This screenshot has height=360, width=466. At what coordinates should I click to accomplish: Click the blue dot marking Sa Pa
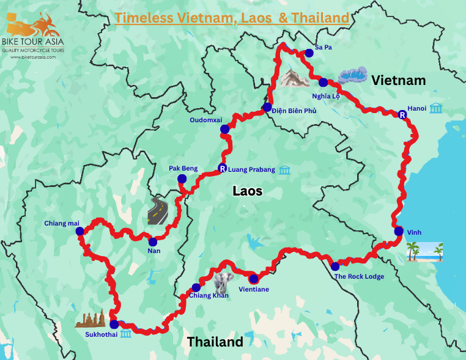[x=309, y=53]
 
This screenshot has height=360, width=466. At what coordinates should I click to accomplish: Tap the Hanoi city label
[x=416, y=108]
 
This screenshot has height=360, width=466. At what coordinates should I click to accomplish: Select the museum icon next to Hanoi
[x=436, y=108]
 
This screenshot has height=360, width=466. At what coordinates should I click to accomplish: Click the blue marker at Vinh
[x=399, y=231]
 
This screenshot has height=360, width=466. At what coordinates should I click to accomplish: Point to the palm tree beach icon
[x=425, y=251]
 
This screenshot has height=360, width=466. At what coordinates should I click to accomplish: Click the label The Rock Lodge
[x=359, y=276]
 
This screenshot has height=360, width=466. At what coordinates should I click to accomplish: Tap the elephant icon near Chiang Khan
[x=223, y=281]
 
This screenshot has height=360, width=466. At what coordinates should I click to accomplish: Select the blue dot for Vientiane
[x=253, y=279]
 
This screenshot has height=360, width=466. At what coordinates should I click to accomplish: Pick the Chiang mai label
[x=62, y=223]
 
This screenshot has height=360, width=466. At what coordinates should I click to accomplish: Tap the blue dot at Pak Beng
[x=182, y=179]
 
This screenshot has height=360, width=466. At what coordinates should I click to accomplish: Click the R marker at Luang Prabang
[x=222, y=169]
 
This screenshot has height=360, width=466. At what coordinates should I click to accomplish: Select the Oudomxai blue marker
[x=225, y=129]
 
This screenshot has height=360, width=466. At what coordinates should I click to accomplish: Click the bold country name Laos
[x=247, y=191]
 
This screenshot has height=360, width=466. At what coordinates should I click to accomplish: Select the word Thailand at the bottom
[x=215, y=342]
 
